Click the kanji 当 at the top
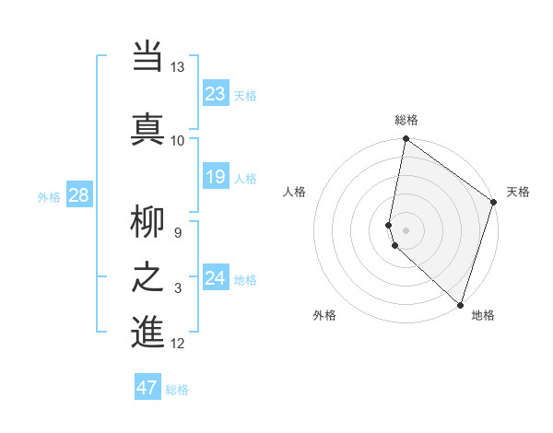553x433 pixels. [147, 57]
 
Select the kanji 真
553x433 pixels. [147, 127]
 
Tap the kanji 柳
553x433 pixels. [147, 223]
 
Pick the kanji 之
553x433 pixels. [147, 277]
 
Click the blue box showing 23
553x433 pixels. [216, 94]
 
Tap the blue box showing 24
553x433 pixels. [216, 278]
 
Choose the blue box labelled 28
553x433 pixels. [78, 195]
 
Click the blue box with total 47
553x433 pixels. [147, 388]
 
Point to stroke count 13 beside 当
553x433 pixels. [177, 67]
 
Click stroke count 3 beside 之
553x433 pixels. [178, 288]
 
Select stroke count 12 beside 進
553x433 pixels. [177, 344]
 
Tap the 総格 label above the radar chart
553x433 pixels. [406, 120]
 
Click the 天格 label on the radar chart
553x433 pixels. [518, 192]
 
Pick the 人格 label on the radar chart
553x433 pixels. [295, 192]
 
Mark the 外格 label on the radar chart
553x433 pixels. [324, 315]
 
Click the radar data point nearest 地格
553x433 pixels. [460, 304]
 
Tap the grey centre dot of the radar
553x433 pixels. [406, 229]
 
